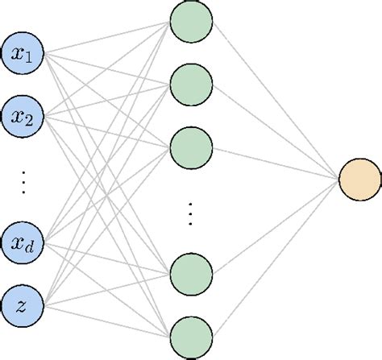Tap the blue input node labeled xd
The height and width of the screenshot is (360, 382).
click(24, 241)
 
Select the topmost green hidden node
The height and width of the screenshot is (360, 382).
click(192, 23)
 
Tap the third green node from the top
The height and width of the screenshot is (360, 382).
click(192, 148)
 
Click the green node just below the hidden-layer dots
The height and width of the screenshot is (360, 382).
click(192, 274)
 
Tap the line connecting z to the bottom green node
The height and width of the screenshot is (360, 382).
click(108, 320)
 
